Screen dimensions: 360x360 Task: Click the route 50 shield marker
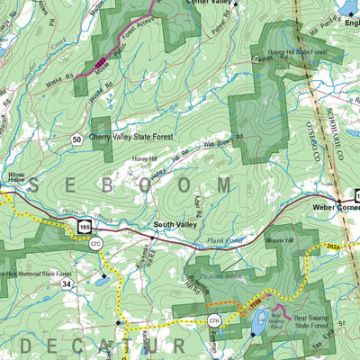point(77,139)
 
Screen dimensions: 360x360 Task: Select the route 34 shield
point(67,284)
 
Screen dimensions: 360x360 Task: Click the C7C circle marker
point(96,243)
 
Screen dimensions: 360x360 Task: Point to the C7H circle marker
point(214,321)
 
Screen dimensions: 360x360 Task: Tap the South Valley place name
point(176,224)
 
